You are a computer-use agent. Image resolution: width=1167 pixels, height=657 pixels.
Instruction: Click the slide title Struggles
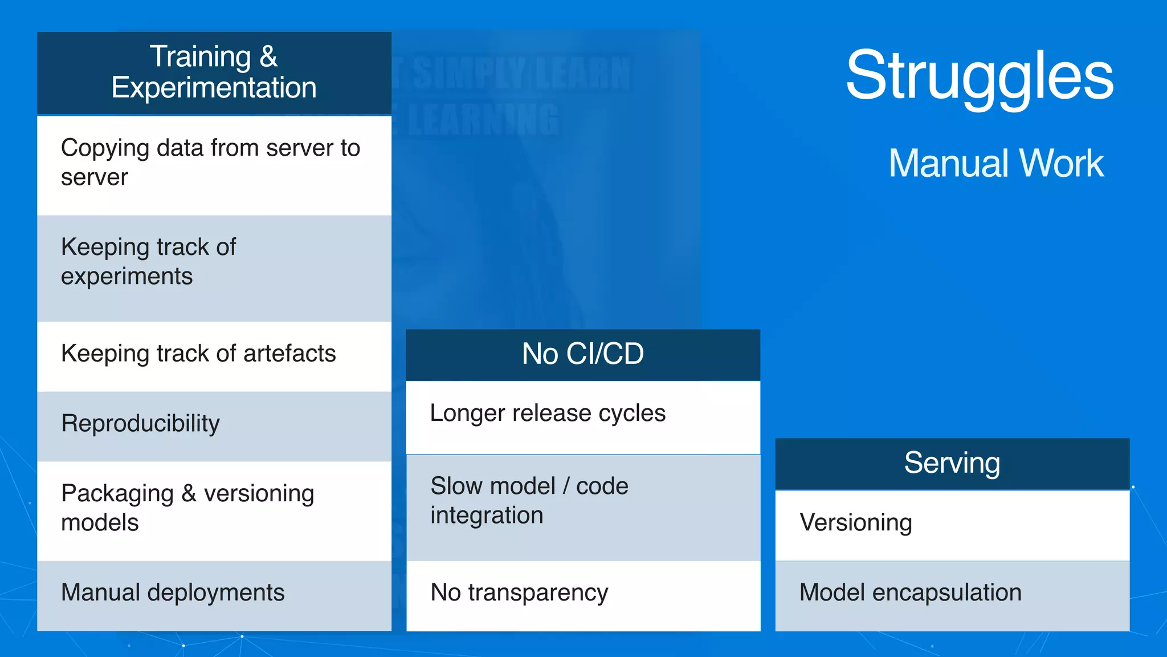coord(979,76)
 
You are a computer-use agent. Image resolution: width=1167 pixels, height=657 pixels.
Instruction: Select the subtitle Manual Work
coord(996,164)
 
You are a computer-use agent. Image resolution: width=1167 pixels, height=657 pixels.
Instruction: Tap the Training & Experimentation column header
coord(214,73)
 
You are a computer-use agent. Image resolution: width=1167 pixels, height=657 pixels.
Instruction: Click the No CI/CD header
coord(583,354)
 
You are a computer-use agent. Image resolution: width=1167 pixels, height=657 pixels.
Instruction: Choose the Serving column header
coord(952,463)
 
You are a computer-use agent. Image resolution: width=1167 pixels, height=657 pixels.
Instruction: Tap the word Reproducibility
coord(140,424)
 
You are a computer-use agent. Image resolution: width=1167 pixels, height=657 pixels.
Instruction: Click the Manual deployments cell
coord(214,593)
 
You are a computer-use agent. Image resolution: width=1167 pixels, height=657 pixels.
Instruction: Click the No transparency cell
coord(583,593)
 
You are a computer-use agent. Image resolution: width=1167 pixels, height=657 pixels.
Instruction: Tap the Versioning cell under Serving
coord(952,523)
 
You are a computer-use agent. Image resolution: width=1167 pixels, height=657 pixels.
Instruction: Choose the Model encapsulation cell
coord(952,593)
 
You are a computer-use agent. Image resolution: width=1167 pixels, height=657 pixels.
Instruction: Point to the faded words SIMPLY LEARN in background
coord(521,74)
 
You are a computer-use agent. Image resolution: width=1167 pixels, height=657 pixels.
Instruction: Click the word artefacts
coord(289,354)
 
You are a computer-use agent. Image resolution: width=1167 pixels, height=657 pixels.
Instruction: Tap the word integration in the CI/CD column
coord(487,516)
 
